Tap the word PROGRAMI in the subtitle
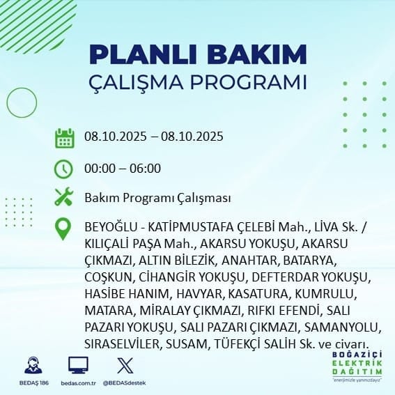pyautogui.click(x=249, y=82)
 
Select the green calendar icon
pyautogui.click(x=65, y=138)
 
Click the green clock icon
pyautogui.click(x=63, y=169)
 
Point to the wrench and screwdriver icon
pyautogui.click(x=63, y=196)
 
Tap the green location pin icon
pyautogui.click(x=63, y=229)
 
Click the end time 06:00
pyautogui.click(x=145, y=169)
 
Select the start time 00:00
pyautogui.click(x=100, y=169)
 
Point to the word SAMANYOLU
pyautogui.click(x=341, y=327)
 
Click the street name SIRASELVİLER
pyautogui.click(x=121, y=344)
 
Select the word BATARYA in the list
pyautogui.click(x=309, y=261)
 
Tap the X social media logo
pyautogui.click(x=125, y=366)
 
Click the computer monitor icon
pyautogui.click(x=78, y=365)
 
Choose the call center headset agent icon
pyautogui.click(x=33, y=365)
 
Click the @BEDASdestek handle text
pyautogui.click(x=125, y=383)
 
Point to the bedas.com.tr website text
pyautogui.click(x=78, y=383)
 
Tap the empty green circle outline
pyautogui.click(x=7, y=102)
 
